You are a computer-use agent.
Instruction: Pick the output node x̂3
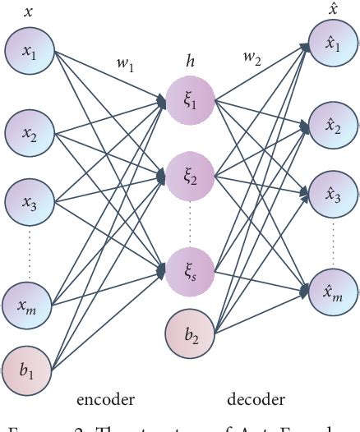332,196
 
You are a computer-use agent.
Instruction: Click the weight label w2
252,58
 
